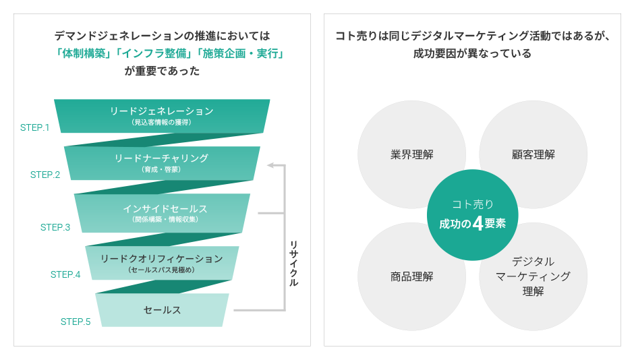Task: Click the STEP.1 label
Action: [35, 127]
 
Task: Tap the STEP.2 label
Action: [45, 175]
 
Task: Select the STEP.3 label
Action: [55, 227]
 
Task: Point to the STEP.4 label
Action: [65, 275]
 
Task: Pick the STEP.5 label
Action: [76, 322]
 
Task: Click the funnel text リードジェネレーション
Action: [162, 111]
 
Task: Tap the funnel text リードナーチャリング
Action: [161, 158]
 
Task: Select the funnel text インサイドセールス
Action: [165, 208]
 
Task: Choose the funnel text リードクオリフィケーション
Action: [162, 259]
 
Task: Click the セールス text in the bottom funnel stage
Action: [162, 310]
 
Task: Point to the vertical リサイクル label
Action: [293, 264]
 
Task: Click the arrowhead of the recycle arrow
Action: [270, 165]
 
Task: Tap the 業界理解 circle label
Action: [411, 154]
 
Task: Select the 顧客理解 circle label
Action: [534, 154]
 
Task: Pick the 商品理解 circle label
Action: [411, 276]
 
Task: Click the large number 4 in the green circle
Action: [478, 223]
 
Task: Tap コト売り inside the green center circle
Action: [473, 204]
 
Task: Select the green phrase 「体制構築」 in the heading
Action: [83, 53]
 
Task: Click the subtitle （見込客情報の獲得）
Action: [161, 123]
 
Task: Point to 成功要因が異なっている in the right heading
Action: [472, 53]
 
